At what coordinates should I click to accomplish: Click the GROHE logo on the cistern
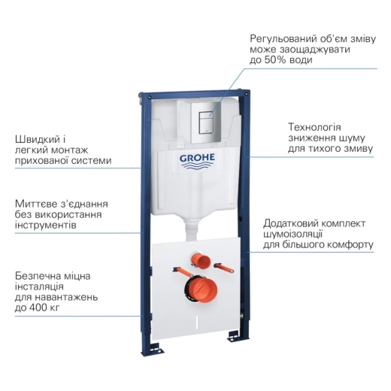[x=197, y=161]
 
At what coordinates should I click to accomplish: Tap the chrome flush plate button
[x=206, y=123]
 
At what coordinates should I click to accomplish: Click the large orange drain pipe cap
[x=200, y=289]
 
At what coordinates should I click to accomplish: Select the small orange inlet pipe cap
[x=200, y=261]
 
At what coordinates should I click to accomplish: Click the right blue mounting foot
[x=235, y=335]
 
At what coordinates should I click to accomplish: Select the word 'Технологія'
[x=314, y=127]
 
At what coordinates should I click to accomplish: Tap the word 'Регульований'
[x=283, y=39]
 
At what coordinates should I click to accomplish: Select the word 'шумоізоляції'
[x=292, y=235]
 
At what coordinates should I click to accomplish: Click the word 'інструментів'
[x=46, y=225]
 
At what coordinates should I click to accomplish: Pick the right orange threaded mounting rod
[x=224, y=268]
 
